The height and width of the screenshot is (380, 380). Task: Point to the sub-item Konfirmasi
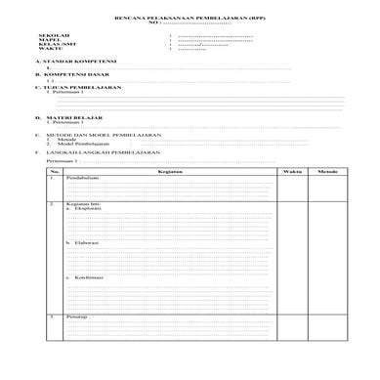tap(89, 277)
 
